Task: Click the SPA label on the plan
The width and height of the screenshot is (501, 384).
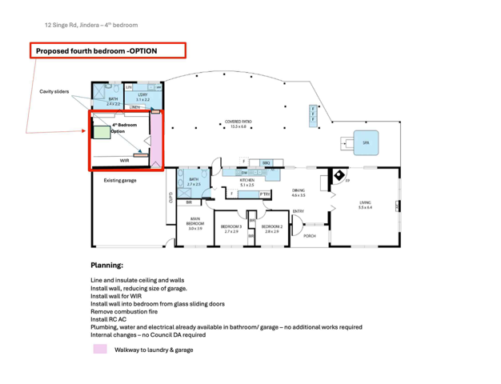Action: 366,142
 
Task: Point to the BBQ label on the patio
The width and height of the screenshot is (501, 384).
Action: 266,162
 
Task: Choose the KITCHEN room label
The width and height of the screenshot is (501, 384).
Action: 247,182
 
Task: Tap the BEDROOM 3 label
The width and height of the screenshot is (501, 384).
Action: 231,228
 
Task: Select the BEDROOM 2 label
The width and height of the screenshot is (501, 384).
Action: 271,228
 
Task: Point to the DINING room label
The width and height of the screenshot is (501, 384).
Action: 298,192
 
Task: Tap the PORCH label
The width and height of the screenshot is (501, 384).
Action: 309,236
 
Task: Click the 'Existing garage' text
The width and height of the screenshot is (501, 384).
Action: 120,181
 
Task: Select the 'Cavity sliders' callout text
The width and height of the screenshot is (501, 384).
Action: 54,92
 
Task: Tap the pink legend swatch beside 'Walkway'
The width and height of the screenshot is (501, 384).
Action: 100,350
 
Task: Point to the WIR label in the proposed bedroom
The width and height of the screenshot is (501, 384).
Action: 124,160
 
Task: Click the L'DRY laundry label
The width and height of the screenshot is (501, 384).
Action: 142,97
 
